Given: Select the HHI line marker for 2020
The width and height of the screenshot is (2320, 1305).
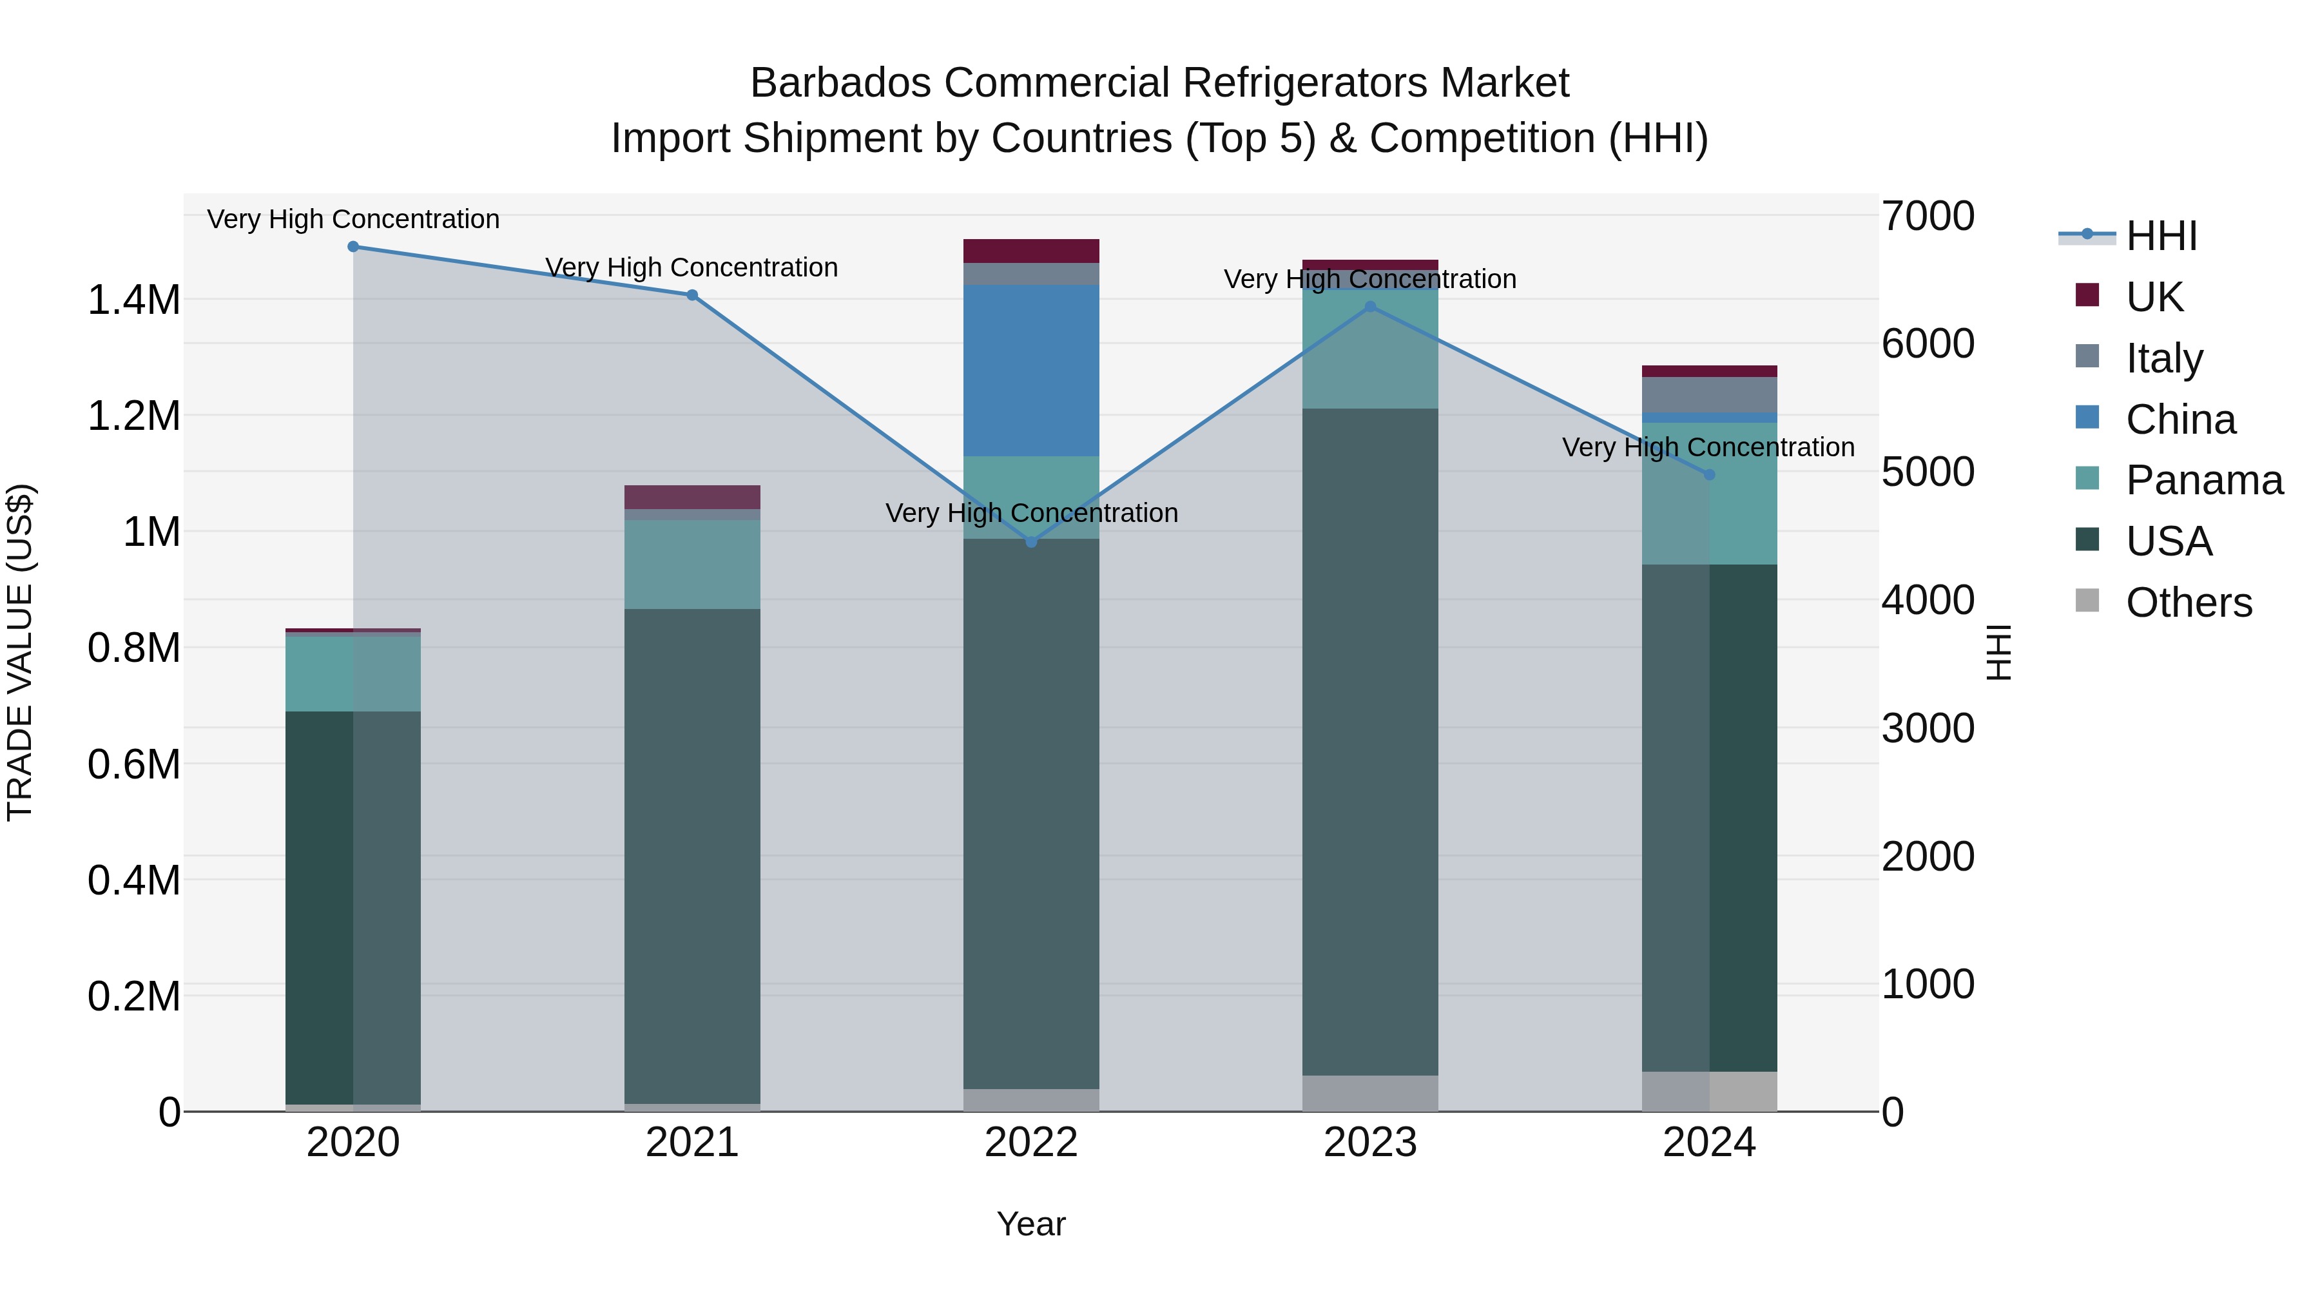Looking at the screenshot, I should coord(353,247).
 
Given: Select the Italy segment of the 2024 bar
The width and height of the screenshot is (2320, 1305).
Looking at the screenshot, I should coord(1708,394).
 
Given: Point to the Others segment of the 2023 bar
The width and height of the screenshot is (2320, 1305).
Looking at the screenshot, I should coord(1370,1092).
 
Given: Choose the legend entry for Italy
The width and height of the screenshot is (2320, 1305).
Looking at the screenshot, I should coord(2163,358).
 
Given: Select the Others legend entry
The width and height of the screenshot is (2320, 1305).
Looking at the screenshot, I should coord(2188,603).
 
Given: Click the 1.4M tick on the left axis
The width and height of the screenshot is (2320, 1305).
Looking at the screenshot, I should coord(133,300).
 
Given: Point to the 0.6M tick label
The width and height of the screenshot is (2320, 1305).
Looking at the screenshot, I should coord(133,764).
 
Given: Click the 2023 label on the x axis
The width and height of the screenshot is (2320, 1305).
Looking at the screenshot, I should coord(1370,1143).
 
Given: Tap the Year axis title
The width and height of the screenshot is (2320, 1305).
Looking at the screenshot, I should coord(1031,1224).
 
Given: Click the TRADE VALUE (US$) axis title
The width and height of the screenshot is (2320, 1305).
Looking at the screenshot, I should coord(20,652).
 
